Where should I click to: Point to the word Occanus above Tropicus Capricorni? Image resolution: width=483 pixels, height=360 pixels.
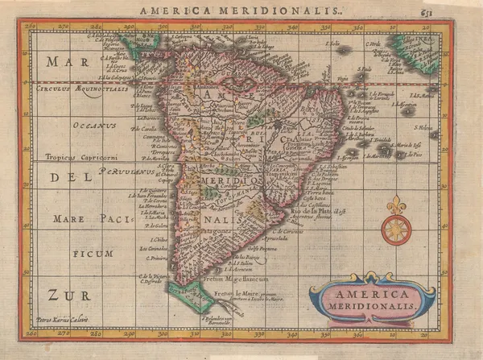pos(93,126)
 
